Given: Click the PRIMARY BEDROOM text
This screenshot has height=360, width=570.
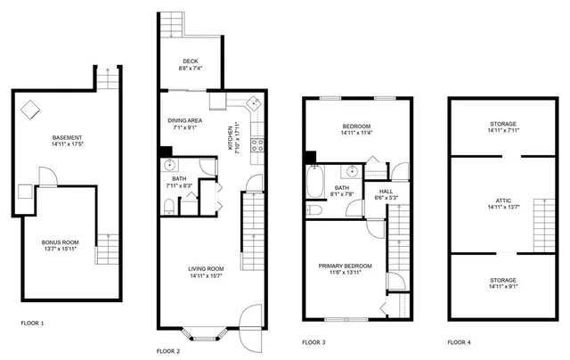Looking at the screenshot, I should (346, 266).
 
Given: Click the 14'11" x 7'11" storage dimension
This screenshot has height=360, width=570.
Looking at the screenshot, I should (501, 131).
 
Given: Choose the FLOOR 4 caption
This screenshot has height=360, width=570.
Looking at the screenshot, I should (460, 341).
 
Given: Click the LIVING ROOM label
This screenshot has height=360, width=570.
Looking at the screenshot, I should (206, 268).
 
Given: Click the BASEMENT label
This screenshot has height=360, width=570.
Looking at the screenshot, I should (67, 137).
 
